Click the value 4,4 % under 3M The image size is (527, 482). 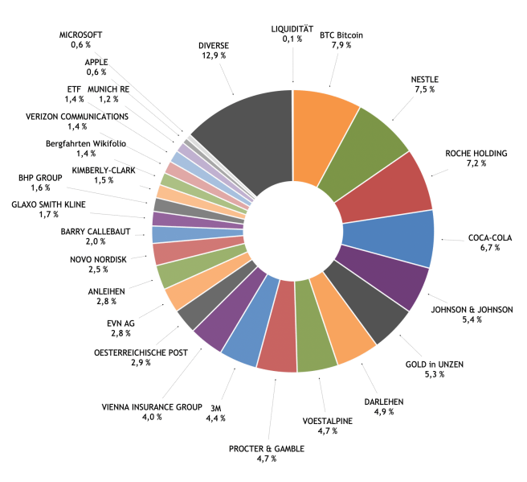(x=215, y=418)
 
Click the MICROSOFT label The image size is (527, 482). (x=80, y=35)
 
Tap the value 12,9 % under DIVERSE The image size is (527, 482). (x=212, y=56)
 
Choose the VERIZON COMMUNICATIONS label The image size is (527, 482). (x=76, y=116)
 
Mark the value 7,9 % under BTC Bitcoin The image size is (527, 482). (x=341, y=46)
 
